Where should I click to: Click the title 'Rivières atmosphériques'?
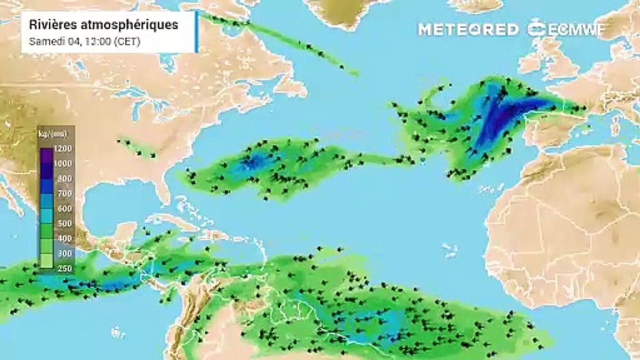[x=103, y=25]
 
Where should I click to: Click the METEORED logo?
[x=468, y=29]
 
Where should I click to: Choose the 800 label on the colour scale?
[x=65, y=178]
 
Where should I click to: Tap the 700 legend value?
[x=65, y=193]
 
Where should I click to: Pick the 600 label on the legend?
[x=65, y=208]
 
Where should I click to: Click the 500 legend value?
[x=65, y=223]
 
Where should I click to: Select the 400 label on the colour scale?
[x=65, y=238]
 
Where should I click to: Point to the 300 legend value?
[x=65, y=253]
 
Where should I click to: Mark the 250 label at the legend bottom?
[x=65, y=268]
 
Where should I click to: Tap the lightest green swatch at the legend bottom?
[x=46, y=261]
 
